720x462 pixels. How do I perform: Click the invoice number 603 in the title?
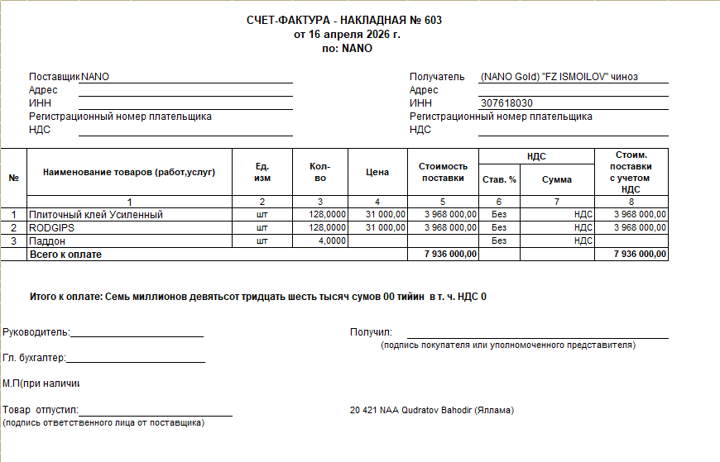[433, 21]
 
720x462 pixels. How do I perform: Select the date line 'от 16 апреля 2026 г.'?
[347, 35]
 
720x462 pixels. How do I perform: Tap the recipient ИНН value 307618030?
[506, 103]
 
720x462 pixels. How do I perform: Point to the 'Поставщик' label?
[54, 77]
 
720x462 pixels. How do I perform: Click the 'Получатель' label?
[437, 77]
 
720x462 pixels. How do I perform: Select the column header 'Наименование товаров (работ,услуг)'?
[128, 172]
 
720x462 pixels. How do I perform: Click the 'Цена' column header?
[377, 172]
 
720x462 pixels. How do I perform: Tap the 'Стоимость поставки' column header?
[443, 172]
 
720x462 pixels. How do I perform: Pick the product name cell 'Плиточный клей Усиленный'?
[97, 215]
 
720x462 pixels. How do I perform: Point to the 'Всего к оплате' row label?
[65, 255]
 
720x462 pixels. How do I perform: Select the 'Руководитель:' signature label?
[36, 332]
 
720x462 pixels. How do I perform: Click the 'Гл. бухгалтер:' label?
[34, 358]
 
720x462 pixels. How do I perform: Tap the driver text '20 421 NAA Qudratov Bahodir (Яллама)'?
[432, 410]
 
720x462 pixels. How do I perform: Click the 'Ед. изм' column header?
[262, 172]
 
